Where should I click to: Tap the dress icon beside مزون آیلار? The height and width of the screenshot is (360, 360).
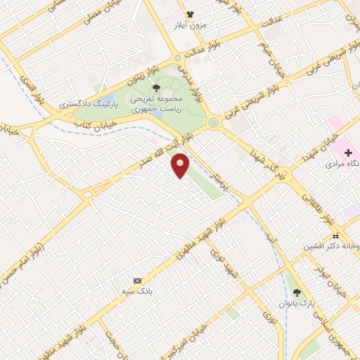[x=188, y=14]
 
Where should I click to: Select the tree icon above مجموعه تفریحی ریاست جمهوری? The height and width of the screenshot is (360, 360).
[x=155, y=88]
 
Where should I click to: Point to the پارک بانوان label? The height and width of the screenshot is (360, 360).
[x=298, y=304]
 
